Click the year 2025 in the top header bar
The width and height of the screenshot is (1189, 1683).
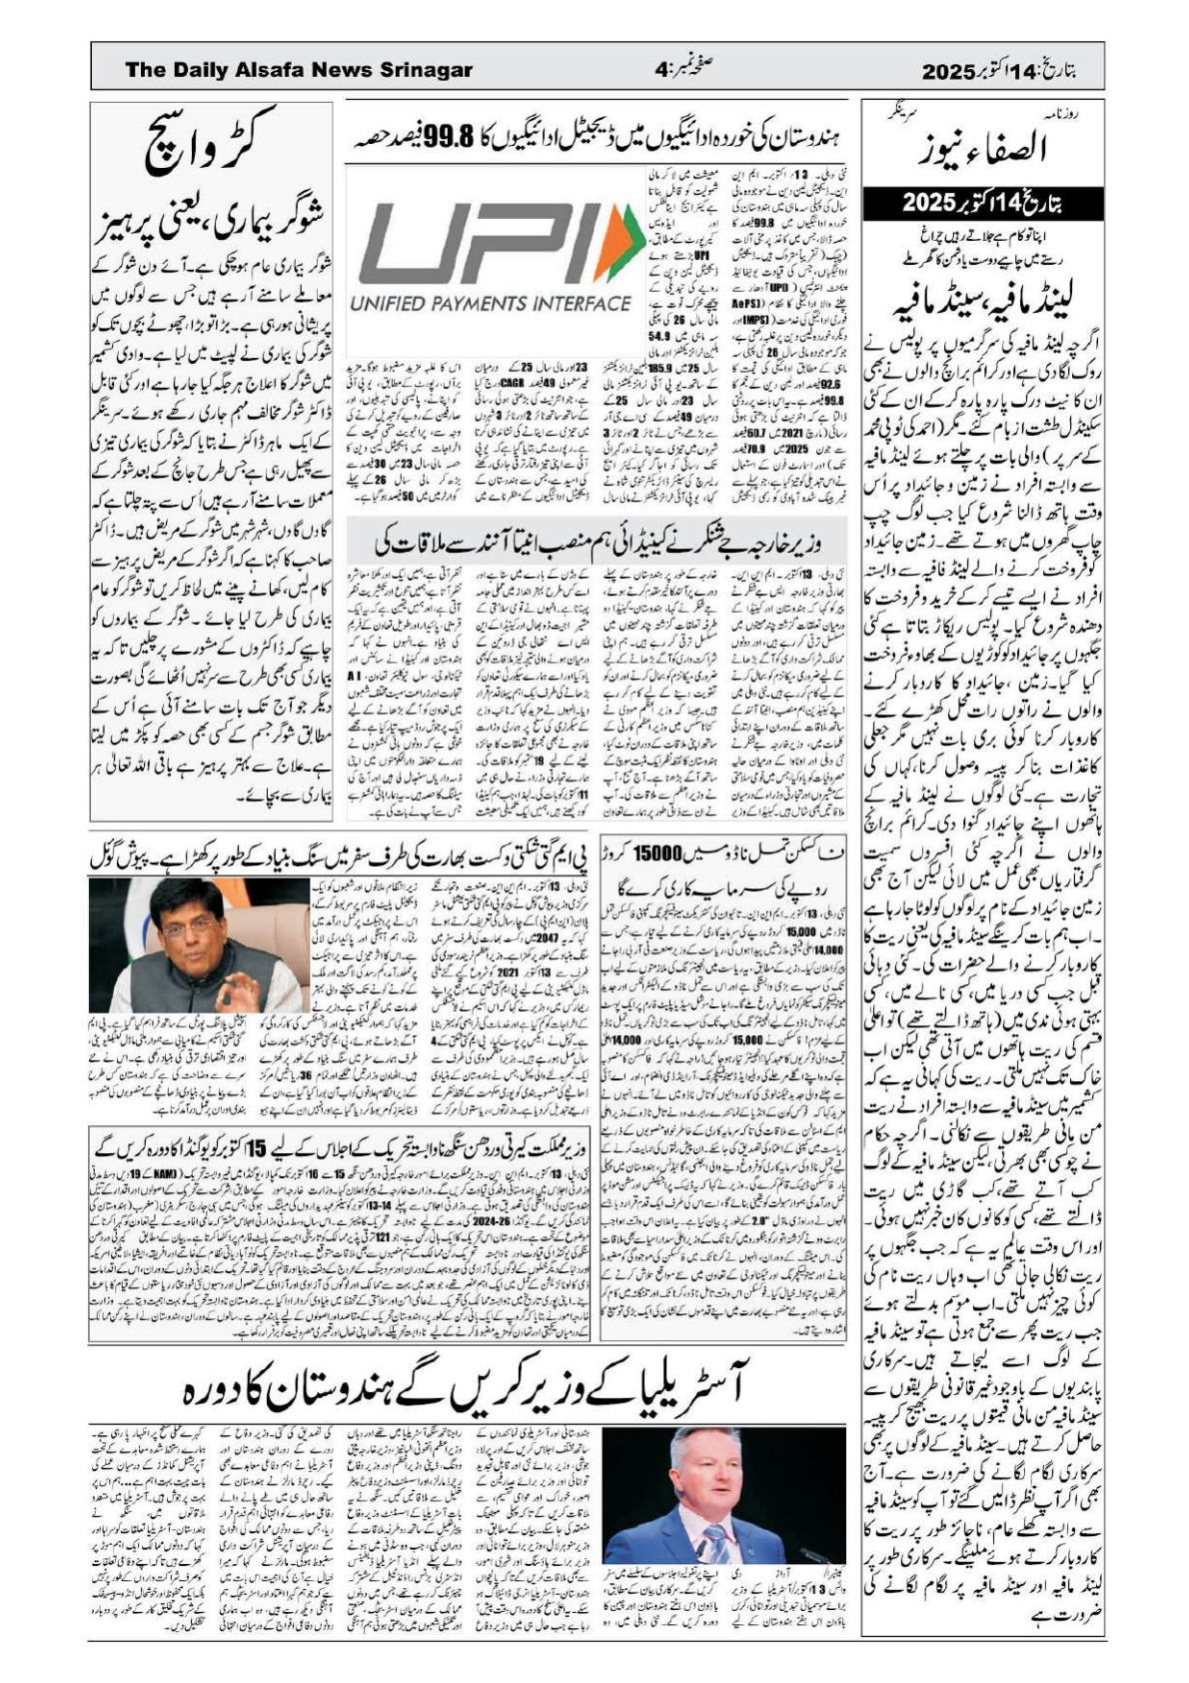[x=947, y=72]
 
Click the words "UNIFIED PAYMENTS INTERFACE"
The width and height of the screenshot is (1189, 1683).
[x=490, y=304]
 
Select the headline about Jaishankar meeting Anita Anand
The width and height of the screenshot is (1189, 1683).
[x=594, y=546]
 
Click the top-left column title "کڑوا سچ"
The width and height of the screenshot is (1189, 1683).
[x=213, y=145]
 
